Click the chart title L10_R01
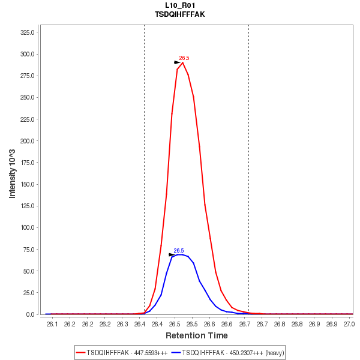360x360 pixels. click(179, 5)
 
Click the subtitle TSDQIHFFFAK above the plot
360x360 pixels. click(179, 14)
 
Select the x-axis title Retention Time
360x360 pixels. click(196, 335)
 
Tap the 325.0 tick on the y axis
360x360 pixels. click(30, 32)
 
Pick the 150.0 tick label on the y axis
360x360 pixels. click(30, 184)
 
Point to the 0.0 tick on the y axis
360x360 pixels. click(34, 314)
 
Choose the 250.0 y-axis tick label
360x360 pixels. click(30, 98)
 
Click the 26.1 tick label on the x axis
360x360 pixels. click(52, 324)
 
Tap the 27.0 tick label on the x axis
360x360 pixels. click(349, 324)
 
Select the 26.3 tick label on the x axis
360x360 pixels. click(122, 324)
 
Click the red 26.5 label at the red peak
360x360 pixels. click(184, 58)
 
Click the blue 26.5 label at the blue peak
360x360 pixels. click(179, 251)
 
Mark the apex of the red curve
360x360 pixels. click(182, 62)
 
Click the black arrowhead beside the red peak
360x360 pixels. click(178, 62)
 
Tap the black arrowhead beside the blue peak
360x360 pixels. click(172, 254)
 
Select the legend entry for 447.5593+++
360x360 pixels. click(121, 352)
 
